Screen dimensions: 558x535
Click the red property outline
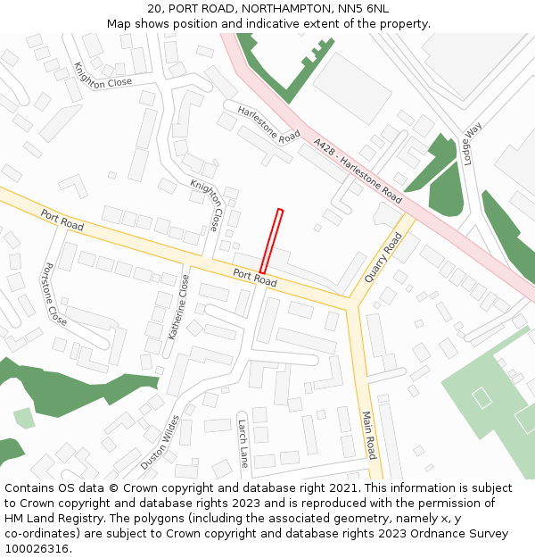(271, 240)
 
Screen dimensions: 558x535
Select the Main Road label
(369, 435)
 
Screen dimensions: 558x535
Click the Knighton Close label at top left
(103, 75)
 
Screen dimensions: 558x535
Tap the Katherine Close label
(179, 306)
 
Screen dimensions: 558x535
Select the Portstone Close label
(54, 293)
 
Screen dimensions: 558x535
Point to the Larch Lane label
(243, 444)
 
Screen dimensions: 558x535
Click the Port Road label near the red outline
(255, 278)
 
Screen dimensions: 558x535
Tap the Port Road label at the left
(62, 220)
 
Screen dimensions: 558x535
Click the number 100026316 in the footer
(36, 548)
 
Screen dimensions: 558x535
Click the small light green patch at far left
(24, 417)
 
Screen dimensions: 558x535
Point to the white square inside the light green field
(482, 397)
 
